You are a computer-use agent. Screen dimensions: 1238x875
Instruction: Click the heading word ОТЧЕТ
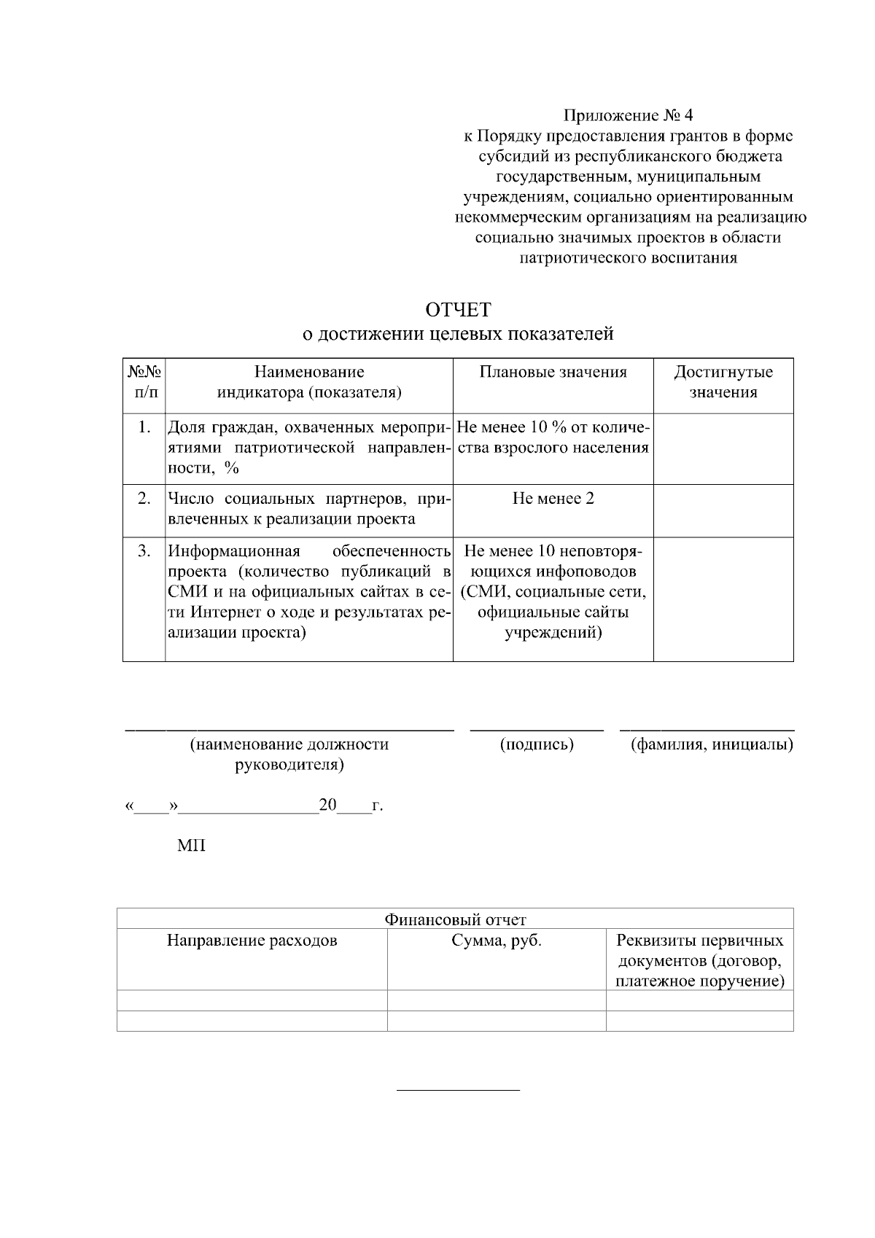tap(458, 310)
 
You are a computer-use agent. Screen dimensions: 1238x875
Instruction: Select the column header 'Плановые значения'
tap(553, 373)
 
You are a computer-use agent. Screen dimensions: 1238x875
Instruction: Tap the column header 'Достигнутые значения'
tap(723, 382)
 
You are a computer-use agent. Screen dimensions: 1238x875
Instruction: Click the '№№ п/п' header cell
tap(144, 382)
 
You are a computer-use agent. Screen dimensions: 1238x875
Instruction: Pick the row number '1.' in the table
tap(144, 427)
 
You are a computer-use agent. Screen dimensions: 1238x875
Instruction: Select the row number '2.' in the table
tap(144, 498)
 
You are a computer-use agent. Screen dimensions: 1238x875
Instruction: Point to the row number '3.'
tap(144, 550)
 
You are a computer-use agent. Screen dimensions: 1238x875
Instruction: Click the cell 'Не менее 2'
tap(553, 499)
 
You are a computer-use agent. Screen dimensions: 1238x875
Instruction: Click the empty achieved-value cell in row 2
tap(723, 510)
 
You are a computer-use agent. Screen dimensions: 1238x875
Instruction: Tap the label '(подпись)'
tap(537, 744)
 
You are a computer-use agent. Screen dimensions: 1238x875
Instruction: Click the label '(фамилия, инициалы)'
tap(712, 744)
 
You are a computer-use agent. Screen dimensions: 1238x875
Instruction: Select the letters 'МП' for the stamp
tap(191, 846)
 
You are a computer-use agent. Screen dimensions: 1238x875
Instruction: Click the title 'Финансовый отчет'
tap(455, 919)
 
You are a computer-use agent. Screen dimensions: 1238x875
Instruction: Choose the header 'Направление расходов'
tap(252, 941)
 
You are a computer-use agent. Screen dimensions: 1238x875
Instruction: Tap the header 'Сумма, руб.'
tap(497, 941)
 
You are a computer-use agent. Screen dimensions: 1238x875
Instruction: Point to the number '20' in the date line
tap(328, 805)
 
